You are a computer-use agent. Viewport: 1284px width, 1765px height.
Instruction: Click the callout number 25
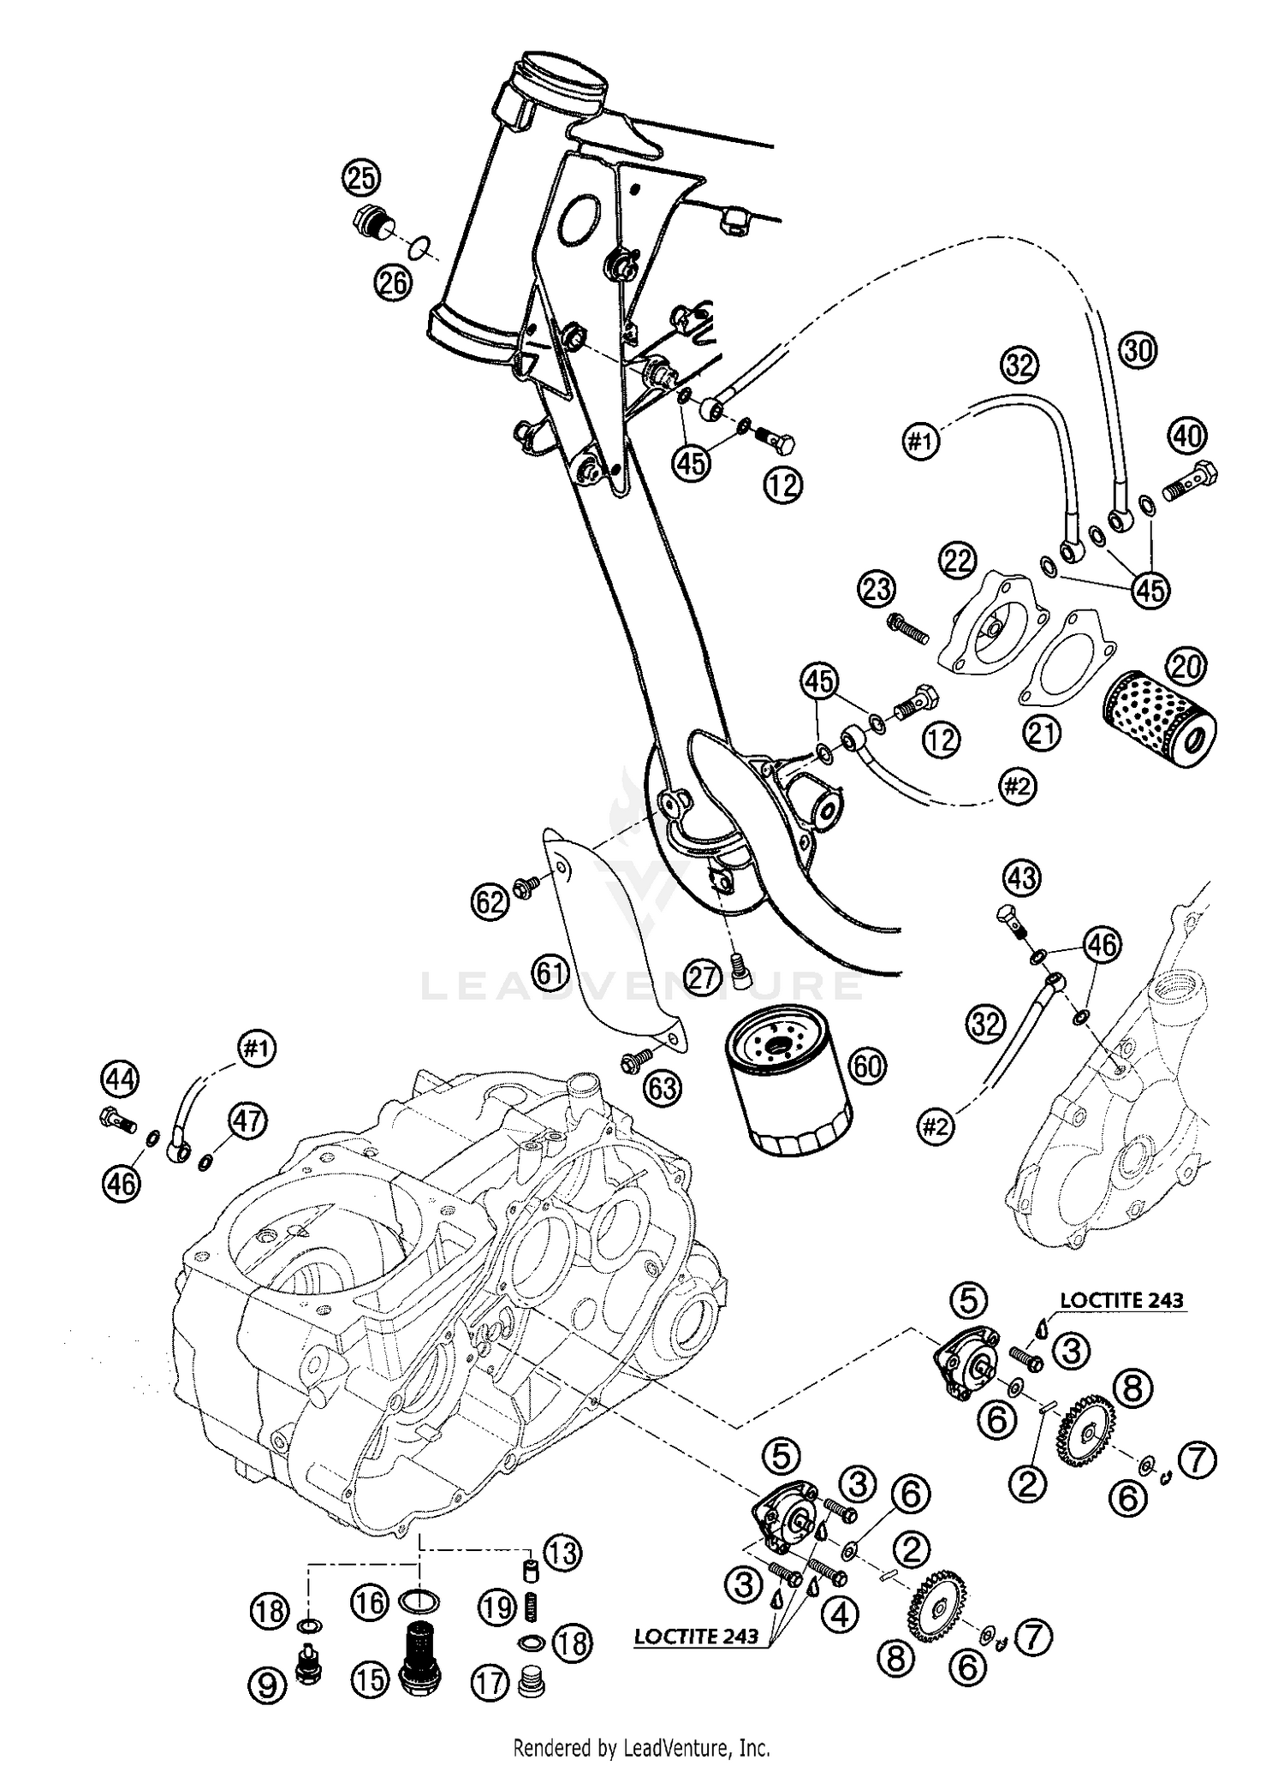(x=362, y=179)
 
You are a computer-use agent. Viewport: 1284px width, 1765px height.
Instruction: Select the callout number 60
(x=867, y=1066)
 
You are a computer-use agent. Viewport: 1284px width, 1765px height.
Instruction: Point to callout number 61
(x=550, y=972)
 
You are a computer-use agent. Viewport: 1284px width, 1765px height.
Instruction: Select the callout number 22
(x=959, y=561)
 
